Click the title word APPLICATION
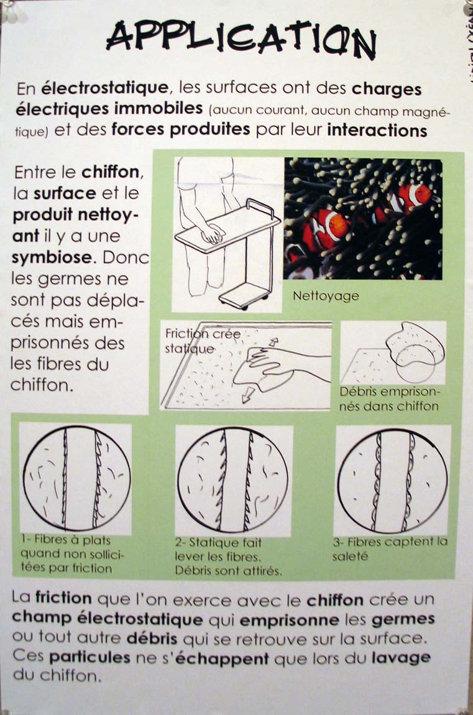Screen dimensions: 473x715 point(241,40)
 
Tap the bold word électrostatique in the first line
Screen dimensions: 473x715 point(104,88)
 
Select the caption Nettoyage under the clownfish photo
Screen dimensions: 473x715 point(326,297)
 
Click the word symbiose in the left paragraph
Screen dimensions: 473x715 point(52,257)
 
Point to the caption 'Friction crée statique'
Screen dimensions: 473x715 point(203,341)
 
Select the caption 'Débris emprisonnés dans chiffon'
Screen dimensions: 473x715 point(389,399)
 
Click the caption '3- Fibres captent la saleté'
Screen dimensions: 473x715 point(390,548)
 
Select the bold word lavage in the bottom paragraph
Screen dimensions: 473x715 point(401,658)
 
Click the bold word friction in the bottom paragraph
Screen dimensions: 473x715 point(63,597)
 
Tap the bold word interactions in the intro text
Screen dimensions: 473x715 point(377,130)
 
